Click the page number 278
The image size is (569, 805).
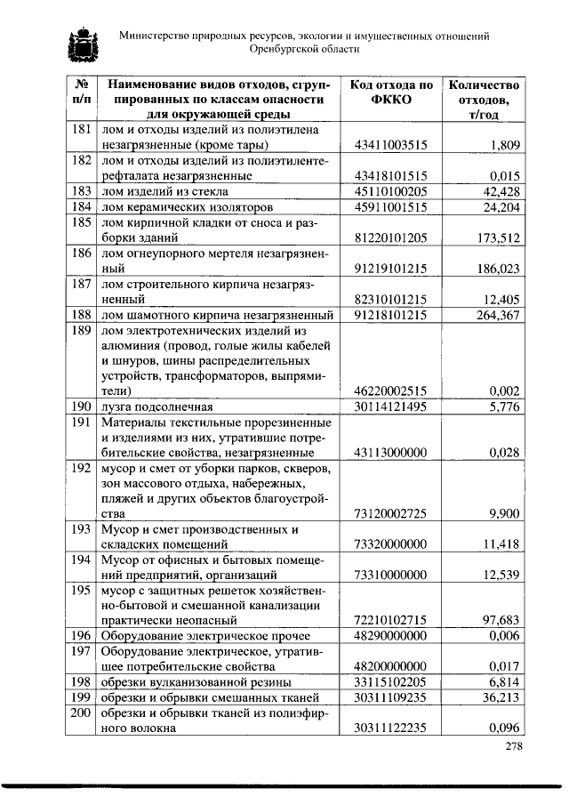tap(513, 747)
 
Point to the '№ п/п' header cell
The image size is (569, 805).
tap(81, 93)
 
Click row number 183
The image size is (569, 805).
tap(81, 191)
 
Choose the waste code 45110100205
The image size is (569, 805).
tap(391, 191)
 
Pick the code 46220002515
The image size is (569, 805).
tap(391, 390)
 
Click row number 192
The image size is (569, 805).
tap(81, 468)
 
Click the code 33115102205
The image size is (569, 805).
tap(391, 681)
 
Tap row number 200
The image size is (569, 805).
tap(81, 713)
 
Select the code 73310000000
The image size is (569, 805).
tap(391, 576)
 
